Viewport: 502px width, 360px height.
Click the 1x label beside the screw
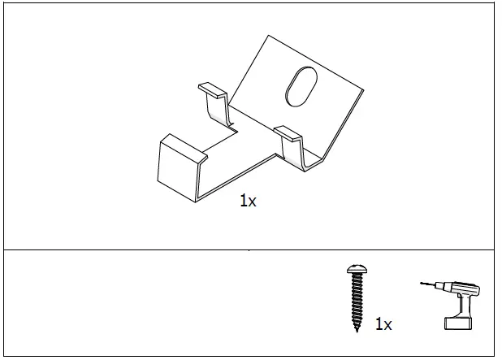[383, 324]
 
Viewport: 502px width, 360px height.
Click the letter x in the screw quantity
[387, 325]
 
